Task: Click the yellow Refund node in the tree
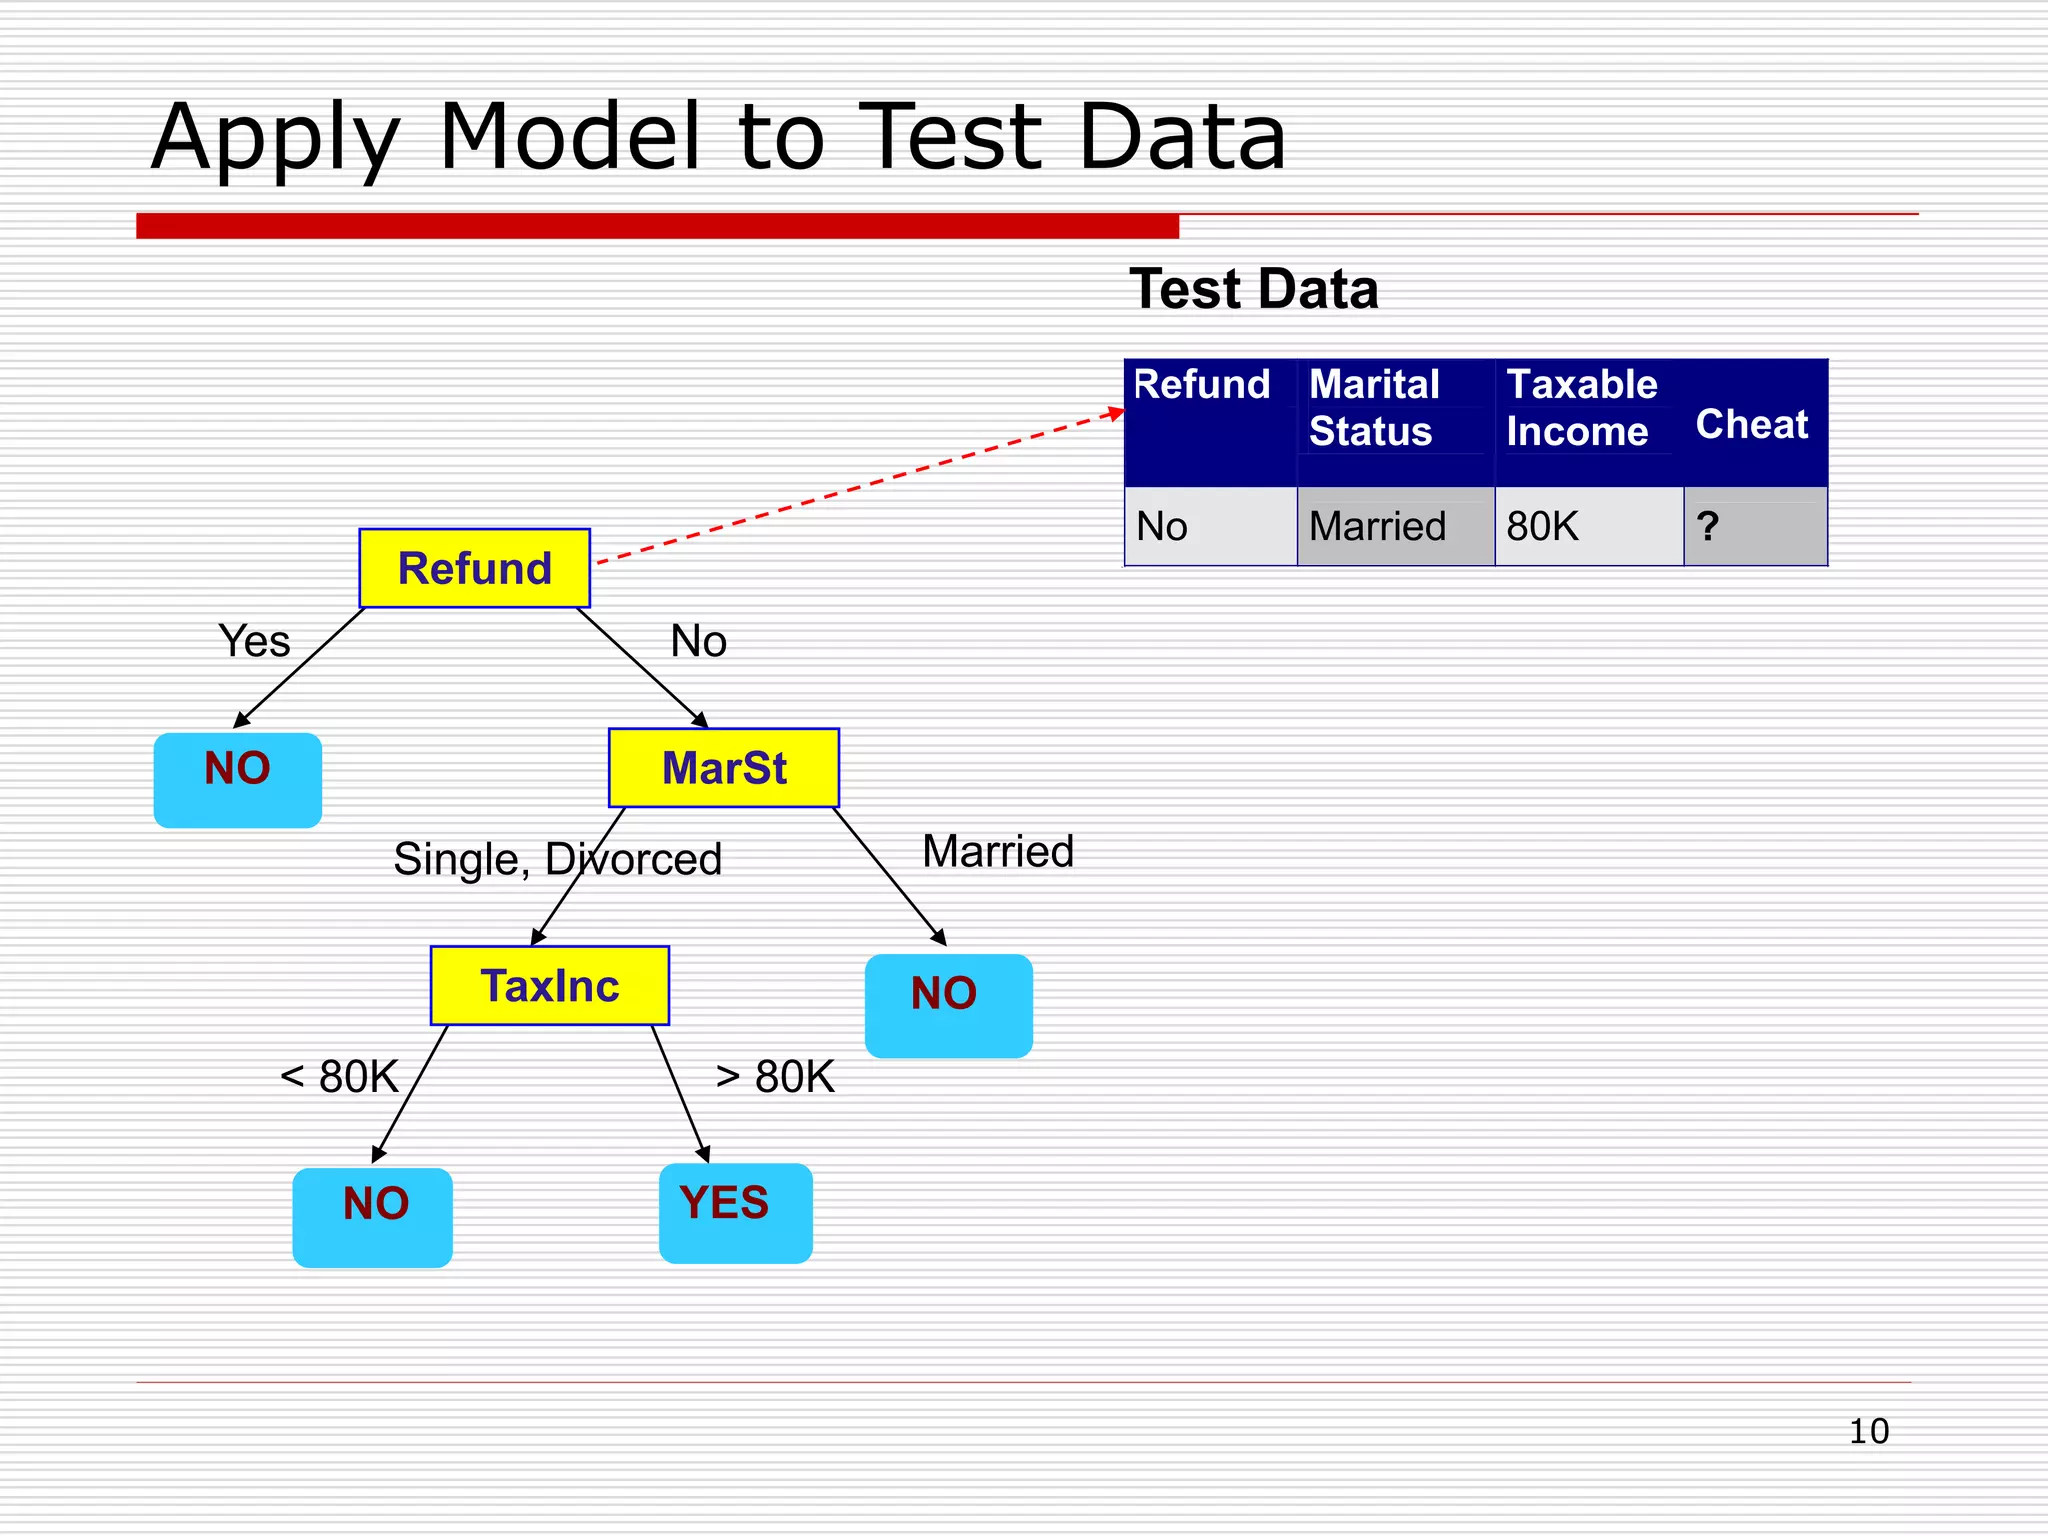[x=474, y=568]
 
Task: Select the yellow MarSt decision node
[x=723, y=768]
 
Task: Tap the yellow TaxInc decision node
[x=549, y=986]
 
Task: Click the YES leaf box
[x=735, y=1212]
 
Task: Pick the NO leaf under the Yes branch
[x=238, y=780]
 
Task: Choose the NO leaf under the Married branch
[x=947, y=1005]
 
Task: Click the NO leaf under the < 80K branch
[x=372, y=1216]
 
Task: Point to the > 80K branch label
[x=775, y=1077]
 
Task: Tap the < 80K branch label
[x=339, y=1077]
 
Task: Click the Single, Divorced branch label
[x=557, y=859]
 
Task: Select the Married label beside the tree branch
[x=997, y=852]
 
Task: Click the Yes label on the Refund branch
[x=254, y=641]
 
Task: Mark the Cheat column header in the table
[x=1752, y=424]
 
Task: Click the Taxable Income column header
[x=1581, y=408]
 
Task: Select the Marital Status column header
[x=1374, y=408]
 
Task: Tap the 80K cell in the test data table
[x=1543, y=526]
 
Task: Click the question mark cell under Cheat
[x=1708, y=526]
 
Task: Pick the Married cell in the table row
[x=1377, y=526]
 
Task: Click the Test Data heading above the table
[x=1253, y=290]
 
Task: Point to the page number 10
[x=1868, y=1431]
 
